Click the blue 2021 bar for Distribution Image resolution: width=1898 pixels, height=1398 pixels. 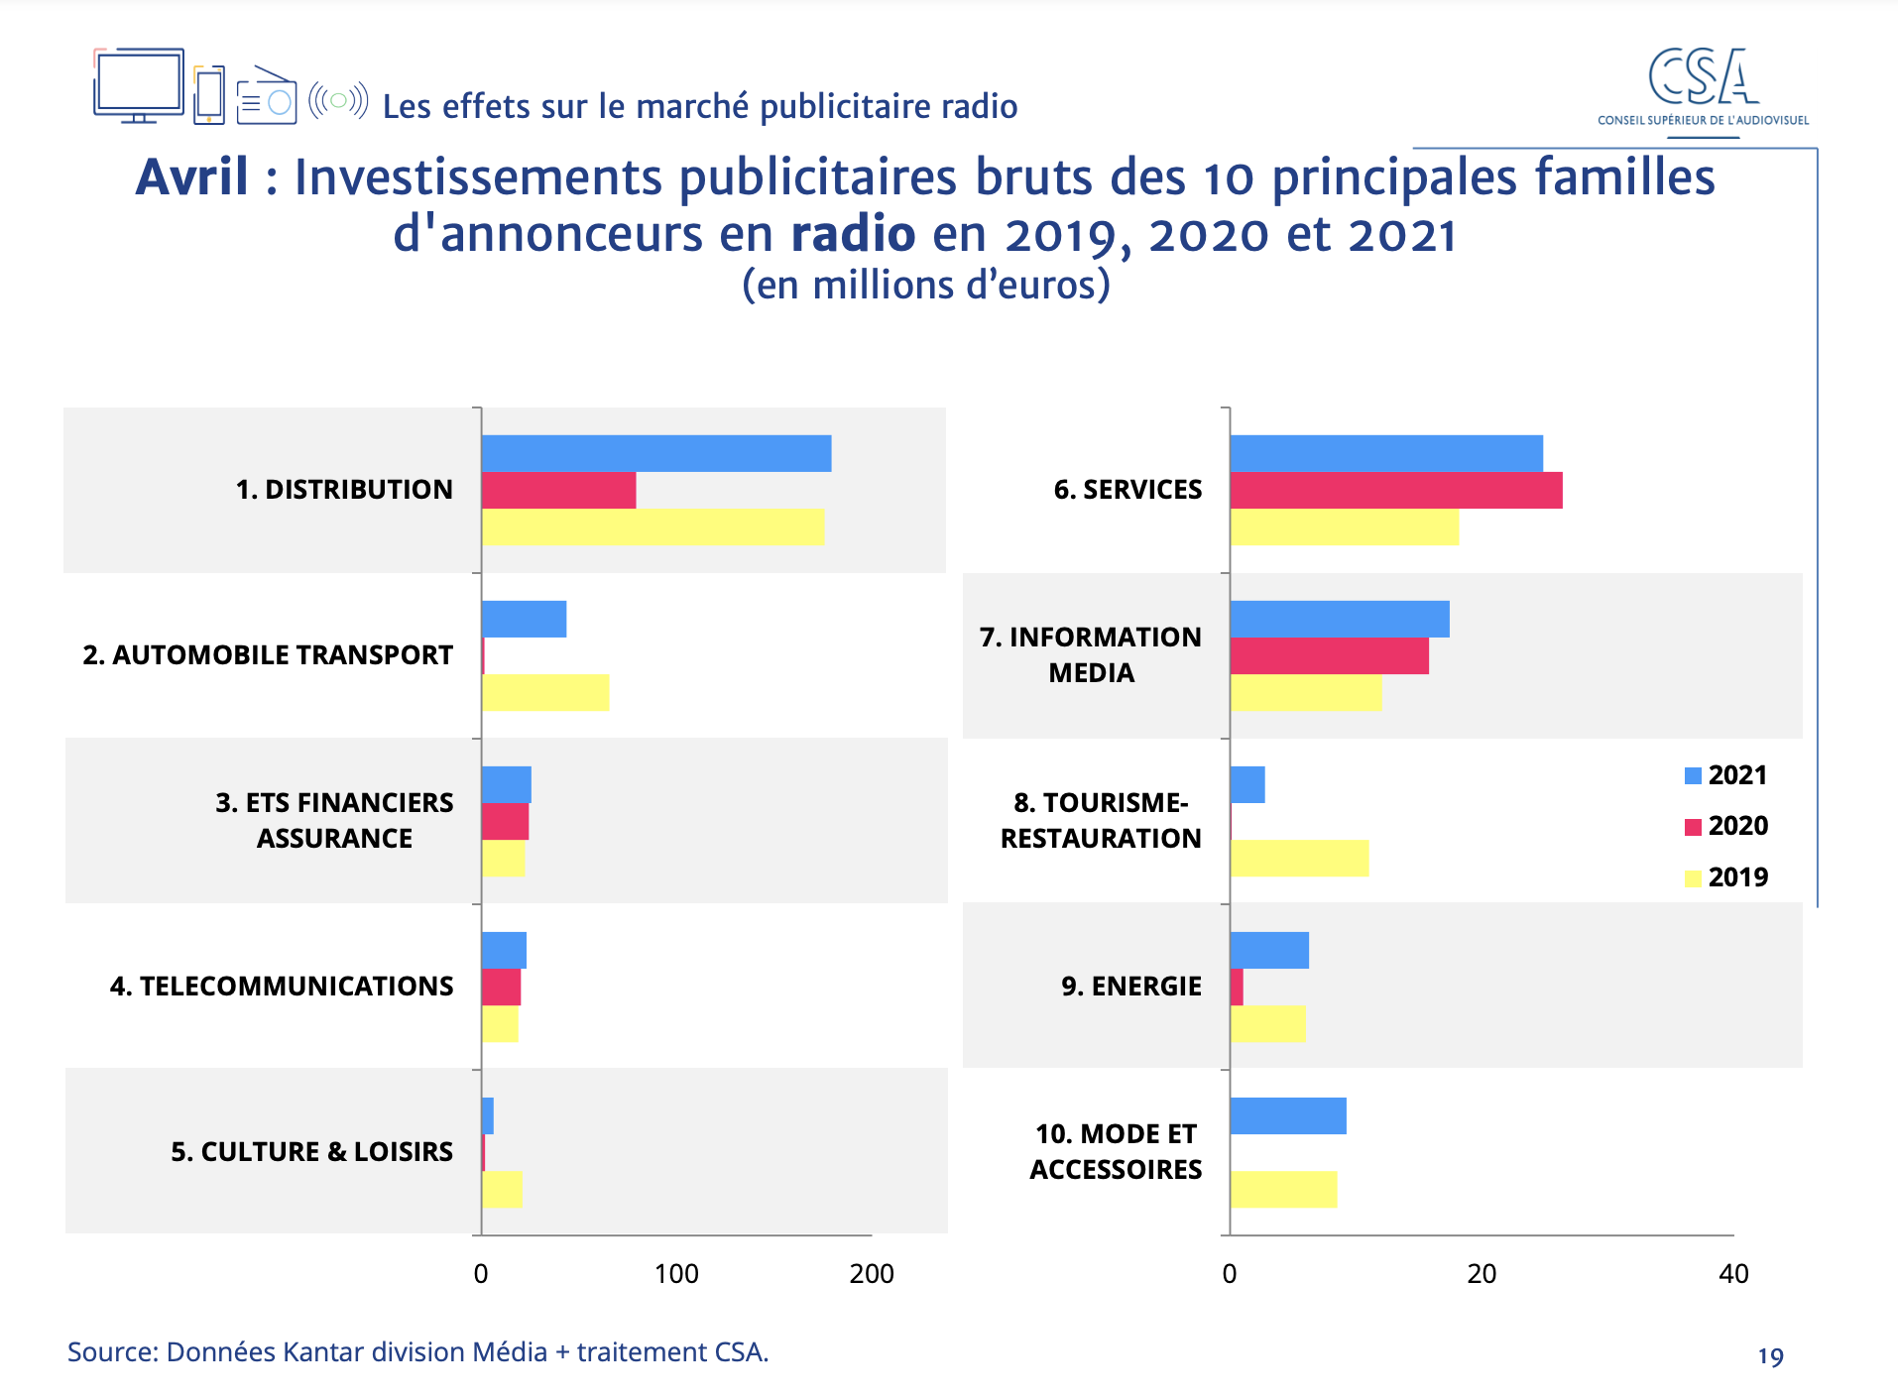click(655, 453)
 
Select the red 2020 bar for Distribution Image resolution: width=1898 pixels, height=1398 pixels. click(558, 491)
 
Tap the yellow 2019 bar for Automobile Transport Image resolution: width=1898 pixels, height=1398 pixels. click(544, 692)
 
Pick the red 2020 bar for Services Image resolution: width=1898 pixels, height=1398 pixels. click(1395, 491)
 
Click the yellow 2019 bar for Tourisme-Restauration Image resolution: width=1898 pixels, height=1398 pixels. click(1299, 858)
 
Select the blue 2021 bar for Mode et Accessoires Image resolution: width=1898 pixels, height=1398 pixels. click(1287, 1115)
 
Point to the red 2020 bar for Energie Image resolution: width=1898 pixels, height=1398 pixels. click(1237, 988)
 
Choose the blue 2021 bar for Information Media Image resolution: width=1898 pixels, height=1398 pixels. click(1339, 619)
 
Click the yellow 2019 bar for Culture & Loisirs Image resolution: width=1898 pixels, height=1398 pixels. click(502, 1190)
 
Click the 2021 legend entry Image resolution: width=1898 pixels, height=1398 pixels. click(1726, 775)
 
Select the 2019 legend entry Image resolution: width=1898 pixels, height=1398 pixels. click(1726, 877)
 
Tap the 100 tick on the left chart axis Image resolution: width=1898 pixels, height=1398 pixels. click(676, 1274)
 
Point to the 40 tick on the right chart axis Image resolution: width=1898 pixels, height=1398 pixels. click(1732, 1274)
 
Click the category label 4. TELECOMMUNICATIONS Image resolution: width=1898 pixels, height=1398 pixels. click(282, 987)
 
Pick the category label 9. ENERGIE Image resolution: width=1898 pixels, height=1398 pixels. click(1130, 987)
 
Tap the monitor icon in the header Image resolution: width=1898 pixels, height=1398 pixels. click(139, 85)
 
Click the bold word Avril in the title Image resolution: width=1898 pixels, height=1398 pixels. click(192, 178)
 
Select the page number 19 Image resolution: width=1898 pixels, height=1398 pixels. click(1770, 1356)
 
